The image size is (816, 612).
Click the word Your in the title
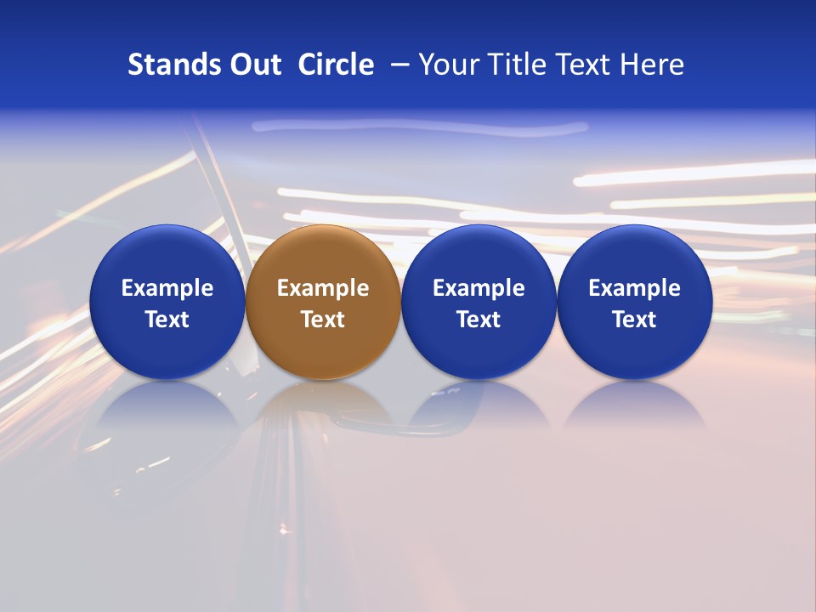click(x=450, y=65)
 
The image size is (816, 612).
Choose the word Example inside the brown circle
click(x=323, y=288)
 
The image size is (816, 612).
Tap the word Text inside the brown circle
click(x=323, y=320)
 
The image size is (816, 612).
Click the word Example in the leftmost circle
click(x=167, y=288)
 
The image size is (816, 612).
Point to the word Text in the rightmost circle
click(x=634, y=320)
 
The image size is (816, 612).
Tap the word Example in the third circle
click(x=479, y=288)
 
